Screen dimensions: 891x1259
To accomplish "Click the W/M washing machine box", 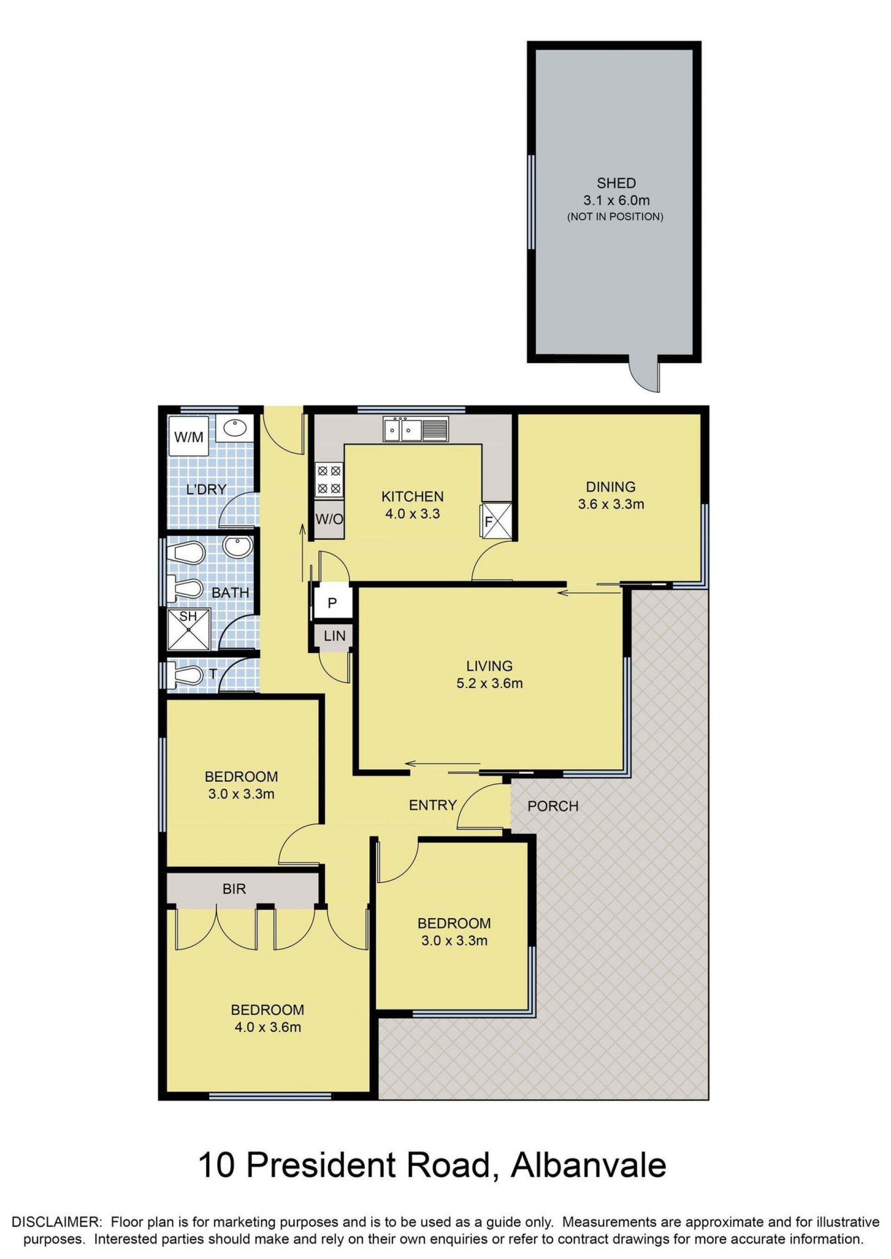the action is [188, 437].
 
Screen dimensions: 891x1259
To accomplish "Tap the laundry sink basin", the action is [235, 428].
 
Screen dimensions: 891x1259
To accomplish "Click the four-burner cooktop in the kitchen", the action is [329, 479].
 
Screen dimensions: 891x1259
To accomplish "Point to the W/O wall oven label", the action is [329, 519].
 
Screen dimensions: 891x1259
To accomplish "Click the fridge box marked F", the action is [496, 520].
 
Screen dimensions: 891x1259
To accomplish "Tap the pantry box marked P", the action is [331, 603].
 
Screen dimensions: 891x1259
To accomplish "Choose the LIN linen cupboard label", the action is [334, 636].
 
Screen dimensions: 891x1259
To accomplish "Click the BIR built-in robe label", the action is [234, 889].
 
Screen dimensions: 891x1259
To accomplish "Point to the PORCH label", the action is [553, 806].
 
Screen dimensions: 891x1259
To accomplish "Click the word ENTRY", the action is [433, 805].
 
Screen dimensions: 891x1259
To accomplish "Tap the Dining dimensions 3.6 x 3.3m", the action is [611, 504].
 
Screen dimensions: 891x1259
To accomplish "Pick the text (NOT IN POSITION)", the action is [615, 217].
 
